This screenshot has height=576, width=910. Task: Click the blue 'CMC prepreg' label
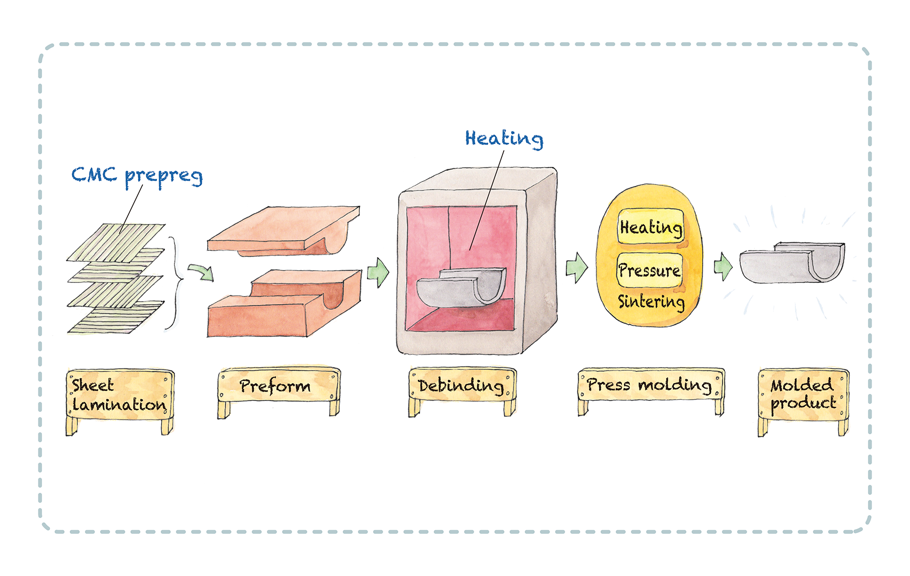point(136,175)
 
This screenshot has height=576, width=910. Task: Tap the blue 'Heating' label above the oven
point(504,138)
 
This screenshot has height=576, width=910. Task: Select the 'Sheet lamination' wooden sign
point(119,395)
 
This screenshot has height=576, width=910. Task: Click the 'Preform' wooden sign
point(278,386)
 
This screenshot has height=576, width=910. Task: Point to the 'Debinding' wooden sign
point(461,386)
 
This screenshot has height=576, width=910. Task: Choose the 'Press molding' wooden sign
point(650,385)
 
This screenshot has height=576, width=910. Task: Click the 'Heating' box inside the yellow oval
point(651,227)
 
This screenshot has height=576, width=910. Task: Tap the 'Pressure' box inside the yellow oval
point(650,270)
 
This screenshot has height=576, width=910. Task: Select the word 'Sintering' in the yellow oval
point(651,301)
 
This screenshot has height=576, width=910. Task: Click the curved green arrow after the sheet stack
point(202,271)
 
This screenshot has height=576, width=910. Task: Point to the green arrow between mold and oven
point(378,272)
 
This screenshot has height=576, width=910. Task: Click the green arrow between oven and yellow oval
point(577,267)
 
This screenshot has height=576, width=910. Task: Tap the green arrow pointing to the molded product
point(723,266)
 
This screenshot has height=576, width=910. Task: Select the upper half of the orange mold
point(283,230)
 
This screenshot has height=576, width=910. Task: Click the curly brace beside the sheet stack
point(176,283)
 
